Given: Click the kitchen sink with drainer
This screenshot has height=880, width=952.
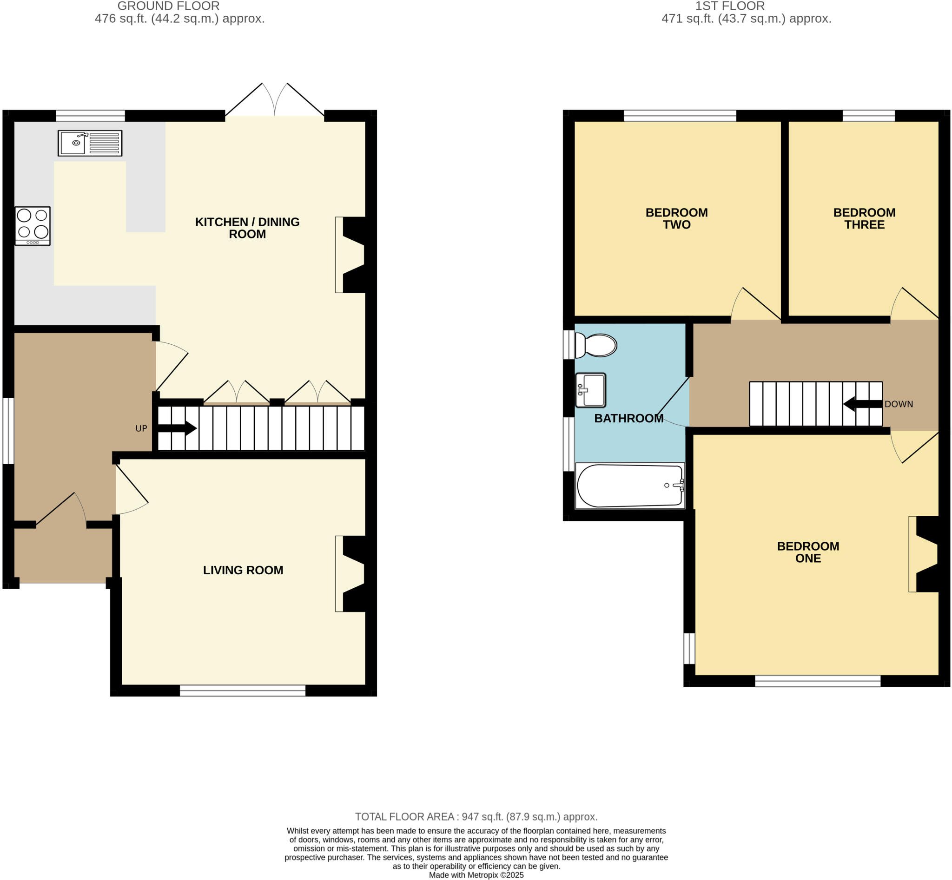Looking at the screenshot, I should (90, 143).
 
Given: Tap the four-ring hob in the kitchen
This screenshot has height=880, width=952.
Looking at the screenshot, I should (33, 226).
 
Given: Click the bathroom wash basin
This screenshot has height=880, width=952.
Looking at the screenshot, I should (590, 390).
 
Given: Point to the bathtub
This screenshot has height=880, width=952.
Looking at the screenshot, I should (629, 485).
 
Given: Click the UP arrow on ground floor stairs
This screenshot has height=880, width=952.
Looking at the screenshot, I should (177, 427).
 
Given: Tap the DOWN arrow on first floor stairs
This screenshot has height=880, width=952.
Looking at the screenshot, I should (862, 404).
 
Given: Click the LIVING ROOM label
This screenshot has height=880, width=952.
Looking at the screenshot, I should (243, 570).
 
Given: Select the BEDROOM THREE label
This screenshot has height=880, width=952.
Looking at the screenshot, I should (864, 218).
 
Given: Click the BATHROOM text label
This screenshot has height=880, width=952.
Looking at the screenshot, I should (628, 418).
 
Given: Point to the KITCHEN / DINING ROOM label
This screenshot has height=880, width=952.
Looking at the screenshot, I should (247, 228).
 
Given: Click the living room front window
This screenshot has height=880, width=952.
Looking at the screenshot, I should (243, 690).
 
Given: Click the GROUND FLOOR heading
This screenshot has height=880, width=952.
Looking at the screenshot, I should (168, 6).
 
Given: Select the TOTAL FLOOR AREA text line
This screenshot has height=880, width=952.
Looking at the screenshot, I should (476, 817).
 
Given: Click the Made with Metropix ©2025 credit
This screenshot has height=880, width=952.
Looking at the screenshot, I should (476, 875).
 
